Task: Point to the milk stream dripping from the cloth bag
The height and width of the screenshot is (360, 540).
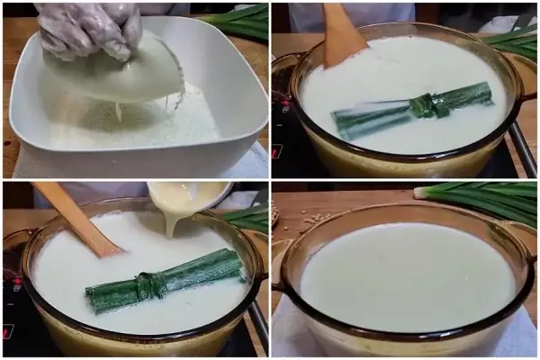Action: pyautogui.click(x=118, y=111)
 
